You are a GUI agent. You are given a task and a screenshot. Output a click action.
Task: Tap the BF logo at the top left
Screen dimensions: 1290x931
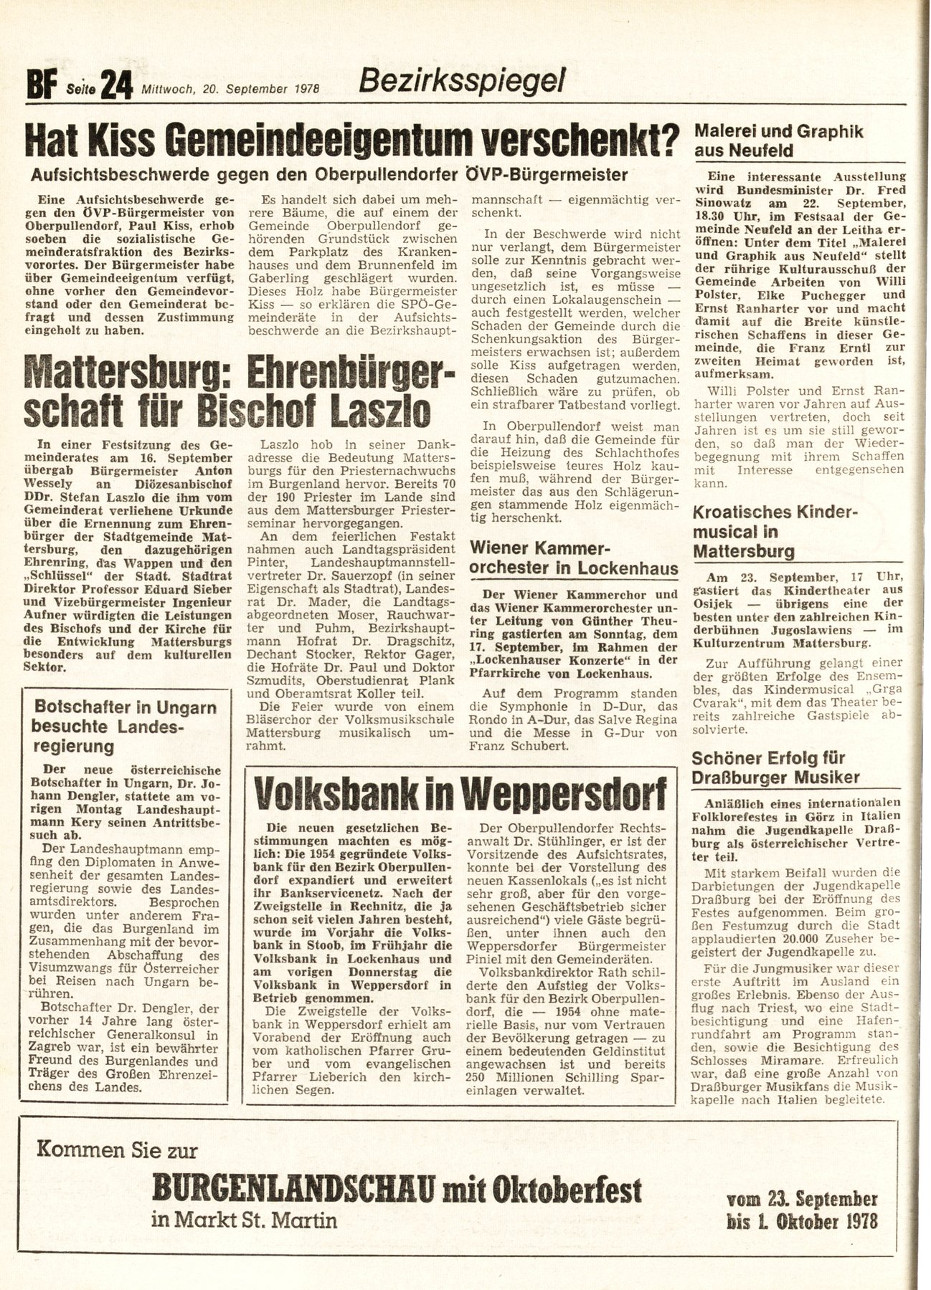click(41, 90)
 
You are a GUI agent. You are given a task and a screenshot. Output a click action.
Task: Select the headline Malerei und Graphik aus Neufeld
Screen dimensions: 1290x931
click(779, 141)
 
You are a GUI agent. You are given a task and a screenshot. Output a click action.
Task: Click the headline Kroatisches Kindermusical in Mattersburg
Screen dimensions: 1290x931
click(765, 532)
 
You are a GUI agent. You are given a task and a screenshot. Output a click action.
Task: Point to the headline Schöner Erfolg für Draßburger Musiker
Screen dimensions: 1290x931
click(776, 767)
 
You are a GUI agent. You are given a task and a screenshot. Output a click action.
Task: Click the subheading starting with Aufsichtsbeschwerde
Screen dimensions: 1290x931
click(330, 174)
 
